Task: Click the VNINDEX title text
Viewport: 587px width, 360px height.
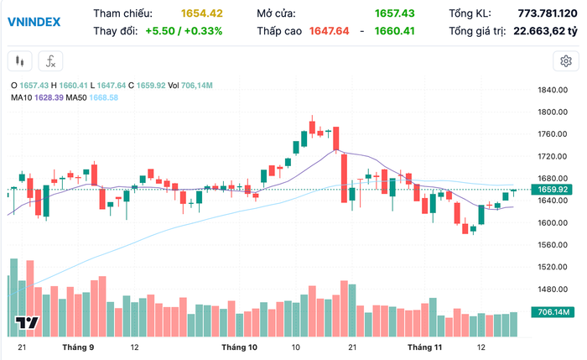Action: pyautogui.click(x=34, y=22)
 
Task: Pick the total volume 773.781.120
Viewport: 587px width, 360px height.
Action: pyautogui.click(x=541, y=13)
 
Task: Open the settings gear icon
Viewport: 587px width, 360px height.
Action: pyautogui.click(x=566, y=60)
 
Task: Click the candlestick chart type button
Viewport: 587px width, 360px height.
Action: pyautogui.click(x=20, y=60)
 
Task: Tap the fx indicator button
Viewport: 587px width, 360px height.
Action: pyautogui.click(x=50, y=60)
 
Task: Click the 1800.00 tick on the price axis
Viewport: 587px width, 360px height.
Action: pyautogui.click(x=554, y=112)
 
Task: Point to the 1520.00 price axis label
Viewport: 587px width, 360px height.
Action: pyautogui.click(x=554, y=267)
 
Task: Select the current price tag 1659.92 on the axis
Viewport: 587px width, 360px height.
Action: pyautogui.click(x=554, y=190)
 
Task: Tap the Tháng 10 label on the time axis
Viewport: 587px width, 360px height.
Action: pyautogui.click(x=239, y=346)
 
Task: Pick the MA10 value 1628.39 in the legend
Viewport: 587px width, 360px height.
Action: pyautogui.click(x=49, y=97)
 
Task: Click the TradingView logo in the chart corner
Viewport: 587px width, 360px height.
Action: pyautogui.click(x=28, y=323)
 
